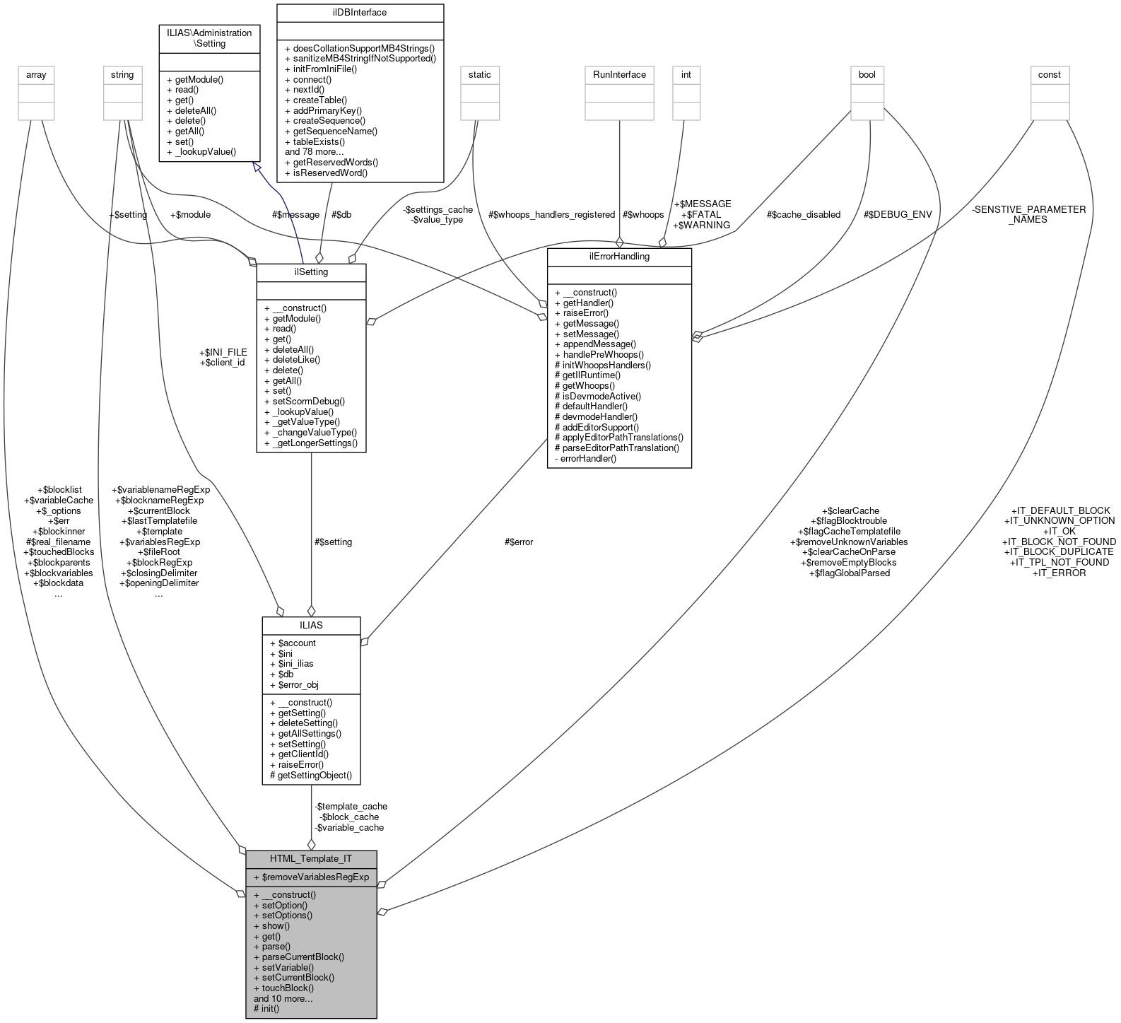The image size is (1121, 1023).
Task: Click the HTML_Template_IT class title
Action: [311, 859]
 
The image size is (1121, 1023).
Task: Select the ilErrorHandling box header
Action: [619, 256]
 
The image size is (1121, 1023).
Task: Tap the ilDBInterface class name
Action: [360, 12]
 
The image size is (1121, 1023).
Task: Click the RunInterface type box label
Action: [619, 74]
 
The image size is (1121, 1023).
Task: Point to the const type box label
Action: [1049, 74]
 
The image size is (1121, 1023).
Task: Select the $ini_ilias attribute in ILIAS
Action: [291, 663]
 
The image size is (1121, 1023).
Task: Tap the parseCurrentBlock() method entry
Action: [299, 957]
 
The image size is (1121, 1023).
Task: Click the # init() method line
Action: [266, 1008]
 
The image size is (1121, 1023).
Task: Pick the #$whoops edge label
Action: [643, 214]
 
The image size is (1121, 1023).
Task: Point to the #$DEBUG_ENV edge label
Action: [898, 214]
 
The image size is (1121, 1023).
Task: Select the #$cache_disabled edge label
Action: [804, 214]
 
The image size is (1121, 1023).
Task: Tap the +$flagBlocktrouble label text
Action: [848, 521]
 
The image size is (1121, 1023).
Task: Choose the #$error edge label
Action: [519, 542]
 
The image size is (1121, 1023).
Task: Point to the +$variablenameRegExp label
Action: [160, 489]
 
